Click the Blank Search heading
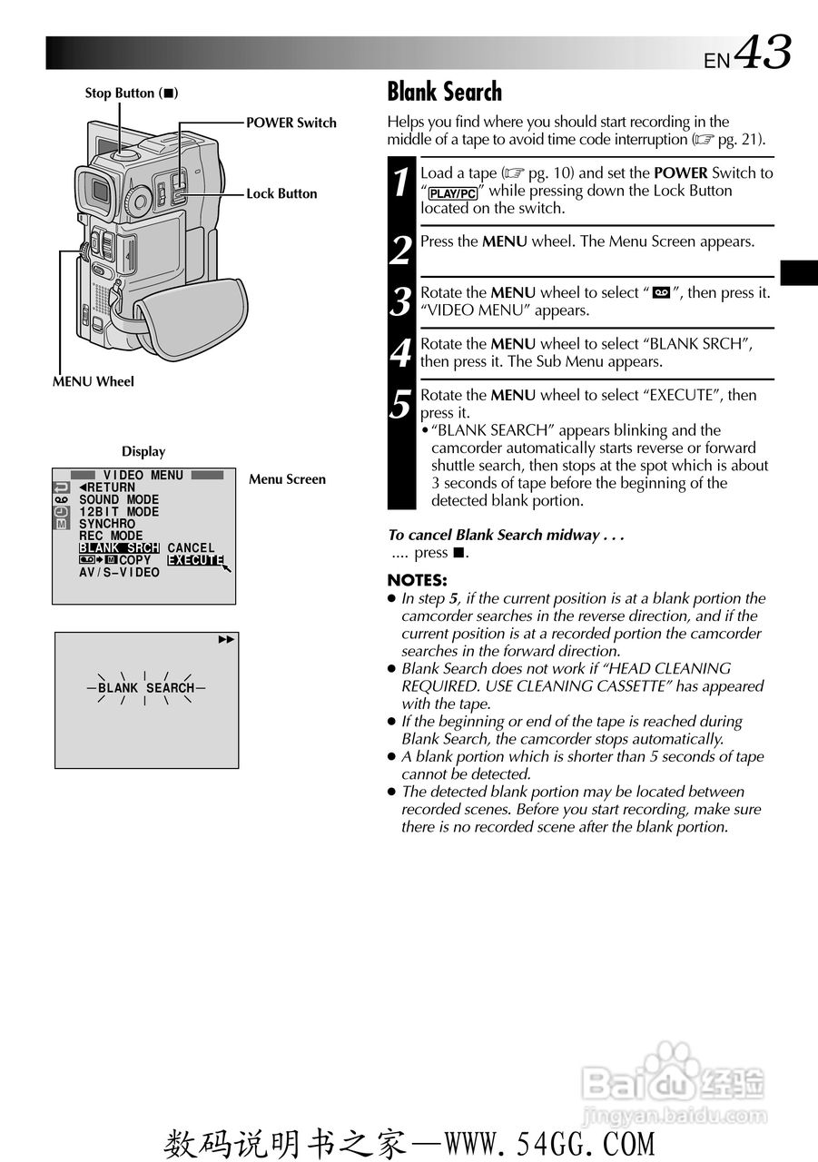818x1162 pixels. pyautogui.click(x=444, y=92)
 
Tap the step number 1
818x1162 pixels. pyautogui.click(x=401, y=182)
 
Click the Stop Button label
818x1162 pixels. pyautogui.click(x=131, y=94)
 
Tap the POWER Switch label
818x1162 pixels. pyautogui.click(x=291, y=123)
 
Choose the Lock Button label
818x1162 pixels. pyautogui.click(x=281, y=193)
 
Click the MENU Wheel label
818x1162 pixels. pyautogui.click(x=93, y=381)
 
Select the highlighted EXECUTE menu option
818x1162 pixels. pyautogui.click(x=195, y=560)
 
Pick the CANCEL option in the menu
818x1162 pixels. pyautogui.click(x=191, y=548)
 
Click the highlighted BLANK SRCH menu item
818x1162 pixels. pyautogui.click(x=119, y=548)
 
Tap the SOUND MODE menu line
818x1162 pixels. pyautogui.click(x=119, y=500)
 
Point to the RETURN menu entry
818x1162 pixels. pyautogui.click(x=107, y=487)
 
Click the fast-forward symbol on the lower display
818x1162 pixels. pyautogui.click(x=226, y=640)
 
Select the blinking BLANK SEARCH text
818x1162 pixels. pyautogui.click(x=146, y=688)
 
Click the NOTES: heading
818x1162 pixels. pyautogui.click(x=417, y=580)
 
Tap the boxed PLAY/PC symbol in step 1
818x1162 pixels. pyautogui.click(x=453, y=193)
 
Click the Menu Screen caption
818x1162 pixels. pyautogui.click(x=287, y=479)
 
